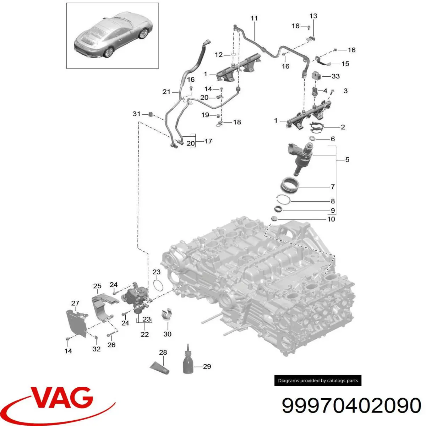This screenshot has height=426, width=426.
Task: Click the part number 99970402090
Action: (x=351, y=405)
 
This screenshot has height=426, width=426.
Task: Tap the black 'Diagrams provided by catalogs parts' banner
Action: (x=318, y=381)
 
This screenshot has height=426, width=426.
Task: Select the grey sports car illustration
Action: (x=113, y=35)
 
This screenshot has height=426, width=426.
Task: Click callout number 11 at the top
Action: (x=254, y=18)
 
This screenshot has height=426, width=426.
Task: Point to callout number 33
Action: (x=335, y=76)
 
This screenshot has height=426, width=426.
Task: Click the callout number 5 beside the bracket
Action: (x=347, y=160)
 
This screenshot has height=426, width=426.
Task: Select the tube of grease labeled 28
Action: (x=159, y=368)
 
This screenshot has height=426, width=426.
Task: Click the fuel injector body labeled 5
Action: (x=301, y=157)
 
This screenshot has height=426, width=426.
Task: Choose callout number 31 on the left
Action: (x=136, y=114)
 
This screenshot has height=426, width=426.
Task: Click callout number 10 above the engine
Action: (x=331, y=219)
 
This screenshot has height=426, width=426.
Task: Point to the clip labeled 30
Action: (x=167, y=314)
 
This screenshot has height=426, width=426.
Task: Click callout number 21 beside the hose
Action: (x=166, y=92)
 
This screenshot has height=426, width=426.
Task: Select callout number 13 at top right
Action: (x=313, y=16)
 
